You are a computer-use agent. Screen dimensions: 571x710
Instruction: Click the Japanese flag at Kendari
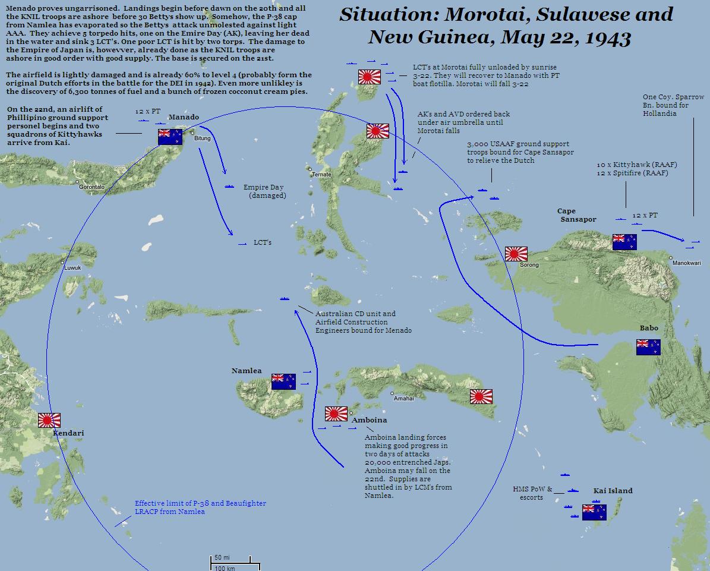(49, 421)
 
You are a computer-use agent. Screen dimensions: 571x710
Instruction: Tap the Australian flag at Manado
(170, 137)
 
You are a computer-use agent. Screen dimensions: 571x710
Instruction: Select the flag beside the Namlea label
(283, 381)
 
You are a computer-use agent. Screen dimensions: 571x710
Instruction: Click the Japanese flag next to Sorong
(516, 254)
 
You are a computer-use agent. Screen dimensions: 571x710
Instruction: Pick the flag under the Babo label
(648, 348)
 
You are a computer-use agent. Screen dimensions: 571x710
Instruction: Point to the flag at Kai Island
(594, 512)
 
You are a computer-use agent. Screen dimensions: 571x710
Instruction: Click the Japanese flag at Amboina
(336, 414)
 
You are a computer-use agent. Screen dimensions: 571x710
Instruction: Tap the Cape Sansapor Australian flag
(624, 242)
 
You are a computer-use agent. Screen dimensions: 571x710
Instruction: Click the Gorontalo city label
(92, 187)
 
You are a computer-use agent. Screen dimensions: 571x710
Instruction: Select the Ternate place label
(321, 175)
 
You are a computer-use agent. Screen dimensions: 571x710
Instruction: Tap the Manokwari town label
(686, 263)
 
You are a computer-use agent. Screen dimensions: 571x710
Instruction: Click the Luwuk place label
(72, 268)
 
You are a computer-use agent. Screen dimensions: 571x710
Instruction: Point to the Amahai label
(403, 399)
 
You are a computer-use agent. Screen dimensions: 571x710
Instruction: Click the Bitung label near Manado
(202, 138)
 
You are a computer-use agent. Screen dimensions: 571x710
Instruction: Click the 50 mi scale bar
(231, 559)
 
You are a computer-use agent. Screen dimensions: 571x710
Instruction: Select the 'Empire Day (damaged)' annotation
(264, 191)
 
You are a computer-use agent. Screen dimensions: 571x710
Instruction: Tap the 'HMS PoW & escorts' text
(532, 493)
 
